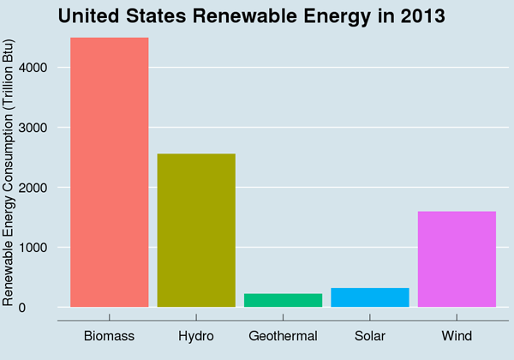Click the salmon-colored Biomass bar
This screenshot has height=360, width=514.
point(109,172)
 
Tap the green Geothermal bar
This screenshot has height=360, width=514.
point(283,300)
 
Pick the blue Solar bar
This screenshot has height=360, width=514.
point(369,297)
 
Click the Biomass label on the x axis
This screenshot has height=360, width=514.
point(109,336)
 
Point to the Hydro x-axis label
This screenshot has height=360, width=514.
point(196,336)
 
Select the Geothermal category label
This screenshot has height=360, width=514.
point(283,336)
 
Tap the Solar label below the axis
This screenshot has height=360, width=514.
point(369,336)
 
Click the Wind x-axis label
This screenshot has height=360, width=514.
point(457,336)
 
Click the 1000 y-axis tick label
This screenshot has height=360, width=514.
point(37,248)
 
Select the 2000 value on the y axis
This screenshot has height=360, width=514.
point(37,188)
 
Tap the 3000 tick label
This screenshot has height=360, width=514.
point(37,128)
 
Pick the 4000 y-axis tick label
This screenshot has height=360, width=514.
point(37,68)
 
